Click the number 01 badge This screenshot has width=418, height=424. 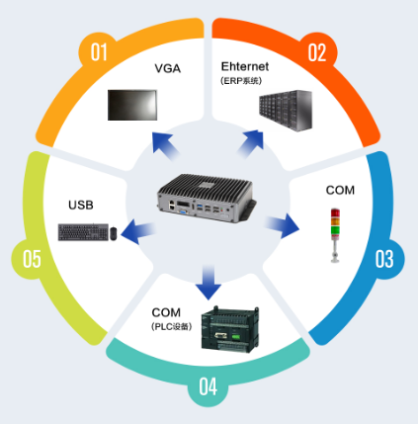99,51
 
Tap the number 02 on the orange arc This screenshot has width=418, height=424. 317,52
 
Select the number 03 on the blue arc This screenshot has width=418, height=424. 384,259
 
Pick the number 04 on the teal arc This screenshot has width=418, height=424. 209,386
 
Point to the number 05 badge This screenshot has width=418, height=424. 32,259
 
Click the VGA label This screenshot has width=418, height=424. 168,68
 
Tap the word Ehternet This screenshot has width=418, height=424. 245,66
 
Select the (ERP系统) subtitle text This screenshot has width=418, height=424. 241,81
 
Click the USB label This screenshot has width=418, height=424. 81,205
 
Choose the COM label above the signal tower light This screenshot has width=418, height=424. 340,190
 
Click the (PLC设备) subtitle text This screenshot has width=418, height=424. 172,326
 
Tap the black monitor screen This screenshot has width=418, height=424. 132,105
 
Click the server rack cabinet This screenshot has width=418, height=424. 286,111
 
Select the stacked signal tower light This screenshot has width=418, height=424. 335,235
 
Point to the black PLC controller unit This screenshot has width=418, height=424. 230,329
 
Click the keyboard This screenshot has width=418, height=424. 83,232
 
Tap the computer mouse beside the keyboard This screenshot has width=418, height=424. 114,233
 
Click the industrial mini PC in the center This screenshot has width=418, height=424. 207,198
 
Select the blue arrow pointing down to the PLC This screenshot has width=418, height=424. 209,282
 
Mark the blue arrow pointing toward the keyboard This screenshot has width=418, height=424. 138,231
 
